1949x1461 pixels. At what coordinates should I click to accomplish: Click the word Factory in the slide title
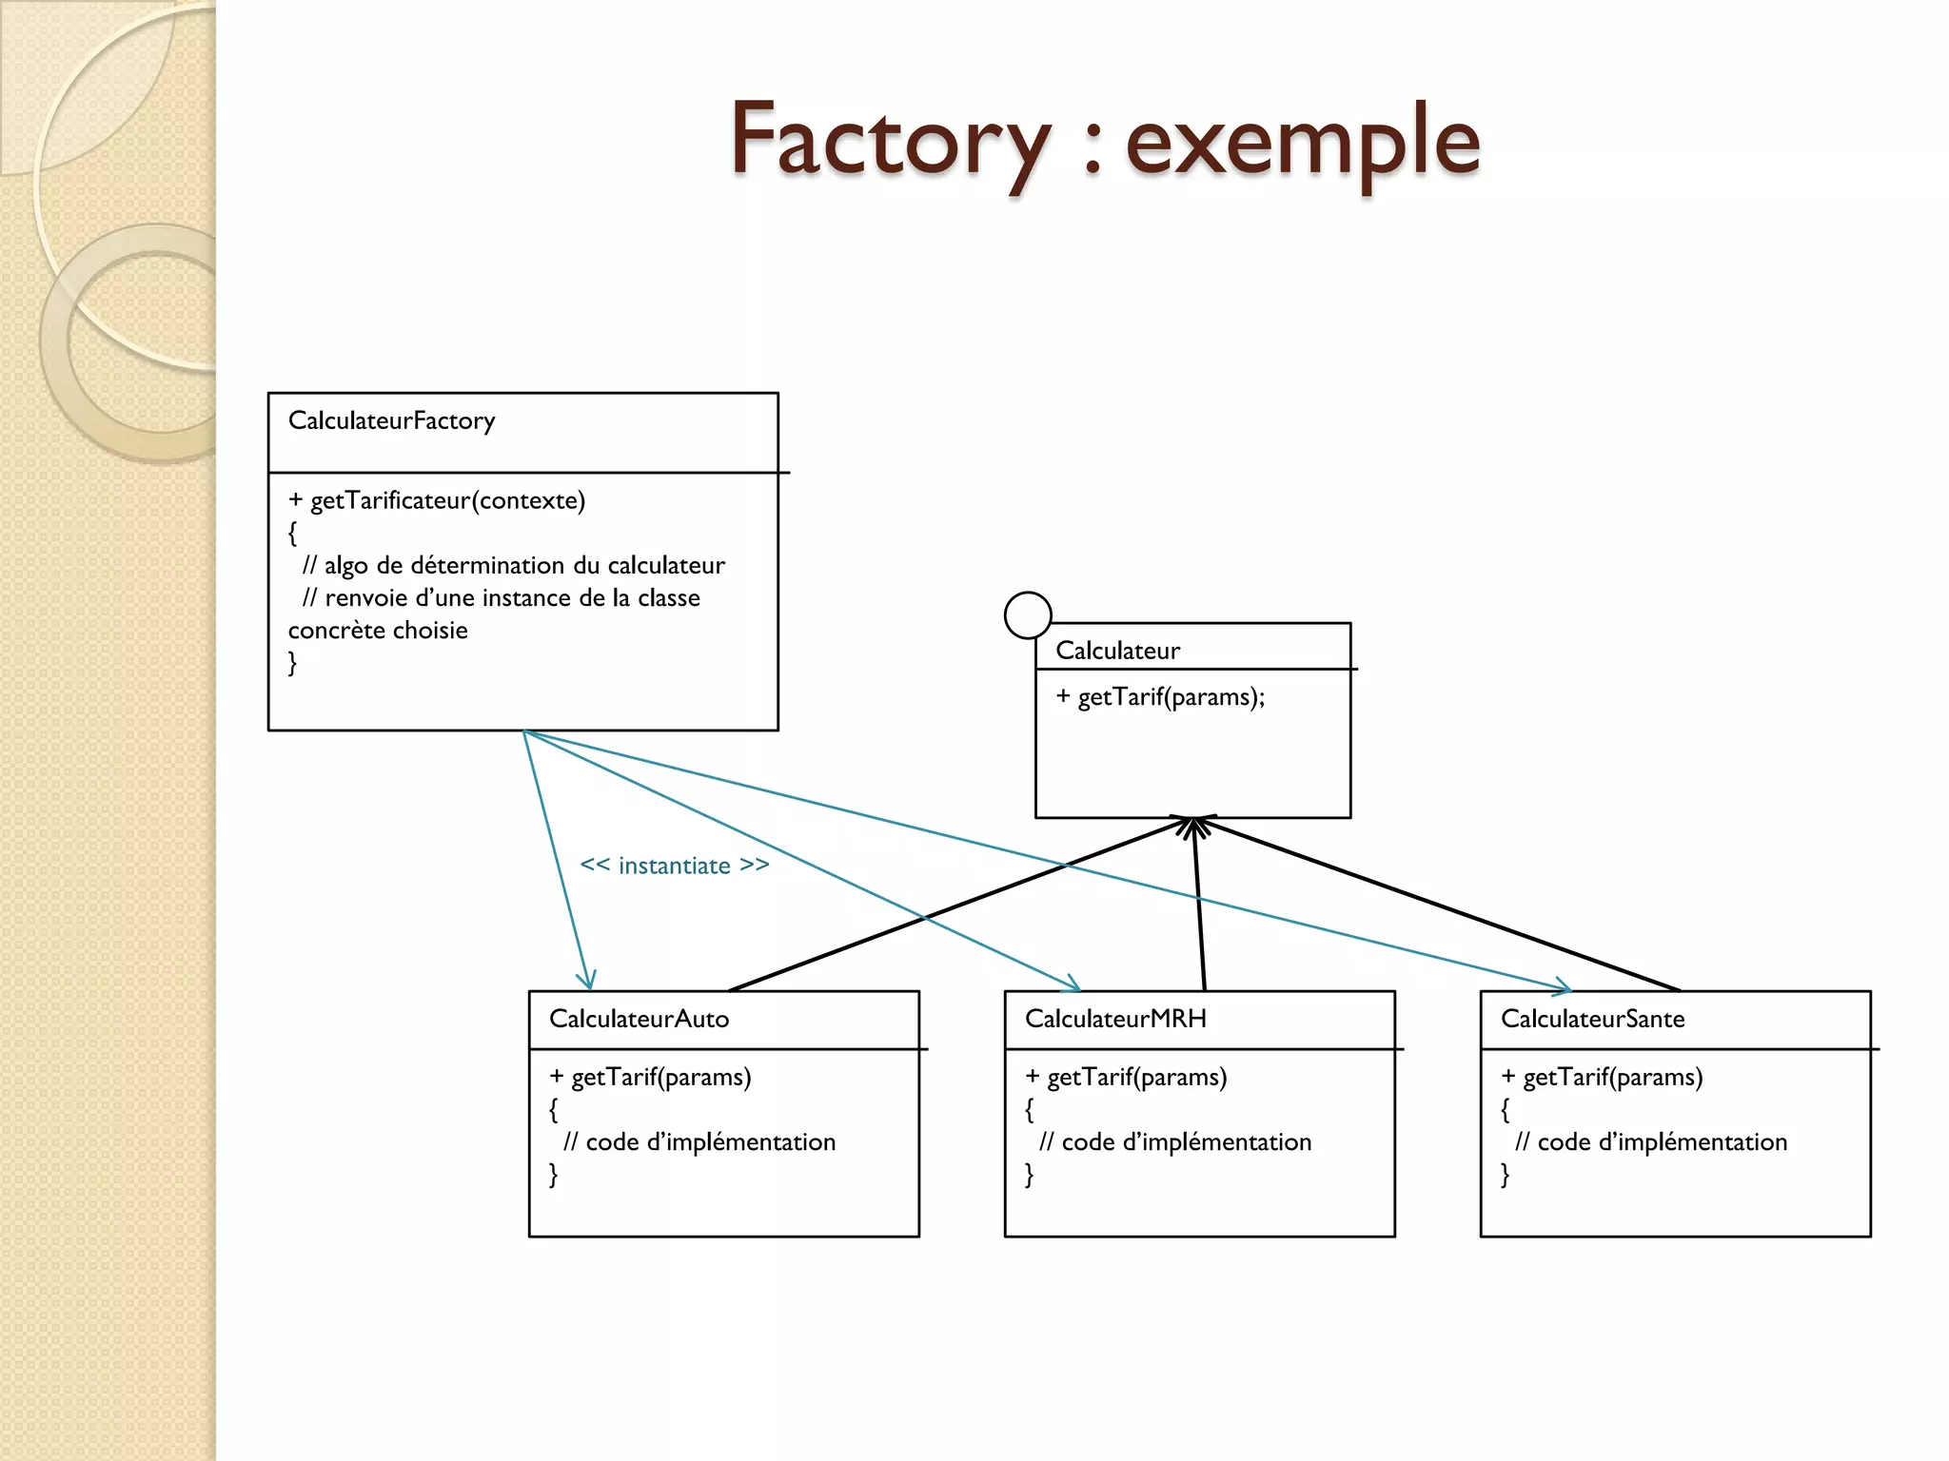coord(890,141)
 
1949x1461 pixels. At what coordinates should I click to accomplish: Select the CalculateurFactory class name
coord(391,420)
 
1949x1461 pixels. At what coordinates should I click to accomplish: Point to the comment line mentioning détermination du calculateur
coord(514,566)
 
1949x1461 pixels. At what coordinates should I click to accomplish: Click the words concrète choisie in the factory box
coord(378,631)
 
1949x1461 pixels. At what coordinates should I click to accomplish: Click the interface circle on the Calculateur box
coord(1028,615)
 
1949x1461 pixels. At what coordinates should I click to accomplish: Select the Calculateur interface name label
coord(1117,651)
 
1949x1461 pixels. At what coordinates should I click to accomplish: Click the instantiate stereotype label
coord(675,866)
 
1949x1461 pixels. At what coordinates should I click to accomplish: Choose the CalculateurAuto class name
coord(639,1019)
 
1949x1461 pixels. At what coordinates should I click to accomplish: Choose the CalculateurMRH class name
coord(1115,1019)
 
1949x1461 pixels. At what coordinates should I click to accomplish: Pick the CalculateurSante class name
coord(1592,1019)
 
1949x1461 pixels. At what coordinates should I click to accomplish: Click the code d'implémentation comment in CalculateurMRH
coord(1175,1142)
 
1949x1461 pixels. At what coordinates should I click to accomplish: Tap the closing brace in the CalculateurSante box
coord(1505,1176)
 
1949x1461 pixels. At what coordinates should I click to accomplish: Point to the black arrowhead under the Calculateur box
coord(1193,826)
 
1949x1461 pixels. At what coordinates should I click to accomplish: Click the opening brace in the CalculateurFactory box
coord(292,534)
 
